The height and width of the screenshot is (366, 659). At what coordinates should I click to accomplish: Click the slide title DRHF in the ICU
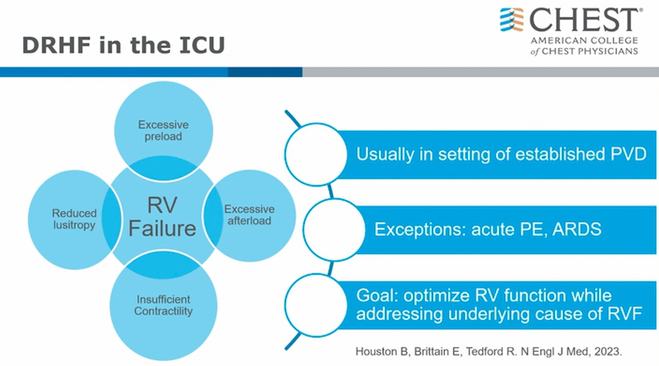[123, 45]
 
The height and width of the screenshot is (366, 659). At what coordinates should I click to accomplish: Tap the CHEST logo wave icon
[512, 20]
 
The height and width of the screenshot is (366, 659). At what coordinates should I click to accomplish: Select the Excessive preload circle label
[163, 130]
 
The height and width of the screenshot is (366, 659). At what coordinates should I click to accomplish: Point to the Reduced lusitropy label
[73, 219]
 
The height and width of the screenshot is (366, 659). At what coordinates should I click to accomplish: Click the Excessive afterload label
[249, 214]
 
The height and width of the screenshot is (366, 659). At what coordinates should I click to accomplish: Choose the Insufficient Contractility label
[163, 305]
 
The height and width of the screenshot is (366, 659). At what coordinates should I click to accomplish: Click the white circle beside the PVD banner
[315, 153]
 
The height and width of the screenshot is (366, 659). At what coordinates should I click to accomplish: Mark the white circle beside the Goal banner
[315, 305]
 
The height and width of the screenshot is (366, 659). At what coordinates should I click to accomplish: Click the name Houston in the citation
[374, 351]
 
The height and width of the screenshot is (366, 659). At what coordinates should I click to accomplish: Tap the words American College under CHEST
[584, 40]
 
